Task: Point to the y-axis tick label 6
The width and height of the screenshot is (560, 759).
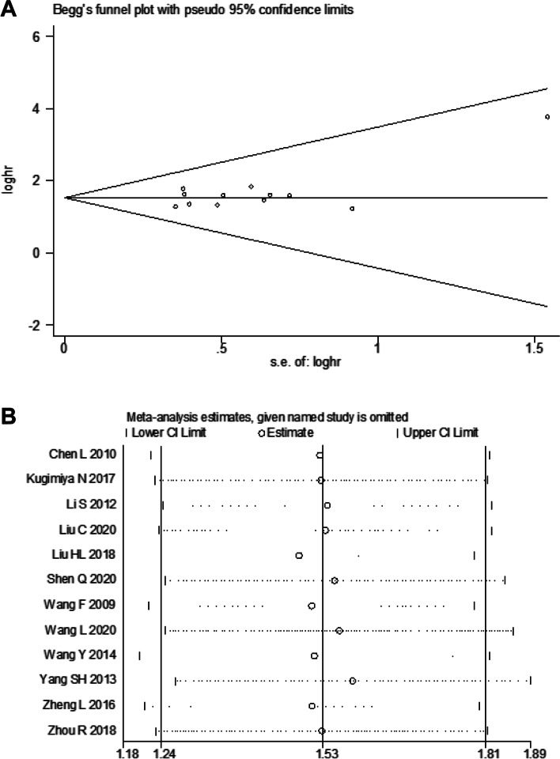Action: click(x=48, y=36)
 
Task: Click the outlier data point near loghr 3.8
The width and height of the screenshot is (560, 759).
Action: click(x=547, y=117)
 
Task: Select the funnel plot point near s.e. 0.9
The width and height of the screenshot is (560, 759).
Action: click(x=352, y=209)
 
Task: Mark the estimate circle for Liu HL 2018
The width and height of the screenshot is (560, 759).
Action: click(x=299, y=556)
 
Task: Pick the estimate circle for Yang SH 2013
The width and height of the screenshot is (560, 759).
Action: click(x=353, y=681)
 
